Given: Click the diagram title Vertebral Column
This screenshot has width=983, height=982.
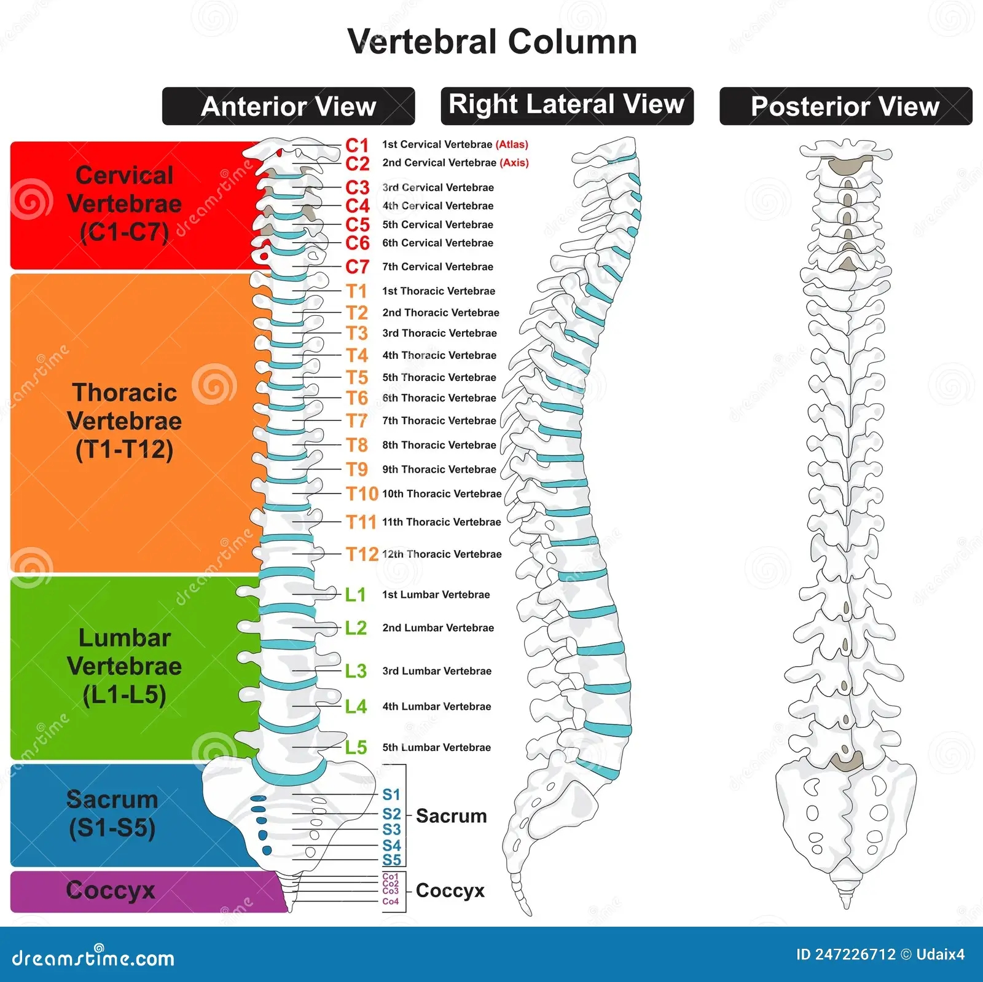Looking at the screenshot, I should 491,42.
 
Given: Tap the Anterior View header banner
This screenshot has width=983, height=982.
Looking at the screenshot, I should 288,106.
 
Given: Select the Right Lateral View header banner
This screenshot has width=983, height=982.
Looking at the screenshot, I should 566,105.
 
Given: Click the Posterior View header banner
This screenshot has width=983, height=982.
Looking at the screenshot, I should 845,106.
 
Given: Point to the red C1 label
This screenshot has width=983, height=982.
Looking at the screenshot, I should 357,145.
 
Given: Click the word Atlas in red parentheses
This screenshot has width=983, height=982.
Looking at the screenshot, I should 512,144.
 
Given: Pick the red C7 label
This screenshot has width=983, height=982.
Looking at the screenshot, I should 357,267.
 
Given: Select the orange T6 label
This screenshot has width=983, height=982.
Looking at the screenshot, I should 356,398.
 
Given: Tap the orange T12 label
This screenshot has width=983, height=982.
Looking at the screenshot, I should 362,554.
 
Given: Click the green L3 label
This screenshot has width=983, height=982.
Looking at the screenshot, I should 356,671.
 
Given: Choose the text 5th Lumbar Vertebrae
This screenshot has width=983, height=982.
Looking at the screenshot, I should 436,748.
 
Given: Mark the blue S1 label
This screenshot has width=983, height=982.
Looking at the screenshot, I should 391,795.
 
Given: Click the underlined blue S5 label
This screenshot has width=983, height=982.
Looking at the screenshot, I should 391,860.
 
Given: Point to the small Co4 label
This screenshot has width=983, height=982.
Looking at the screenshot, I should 390,901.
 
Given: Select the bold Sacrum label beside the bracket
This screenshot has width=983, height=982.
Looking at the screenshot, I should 451,816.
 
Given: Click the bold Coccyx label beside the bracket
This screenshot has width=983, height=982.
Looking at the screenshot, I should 450,890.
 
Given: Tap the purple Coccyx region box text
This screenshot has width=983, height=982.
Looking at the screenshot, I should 111,890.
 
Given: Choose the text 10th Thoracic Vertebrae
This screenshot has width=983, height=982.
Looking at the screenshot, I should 442,494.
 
